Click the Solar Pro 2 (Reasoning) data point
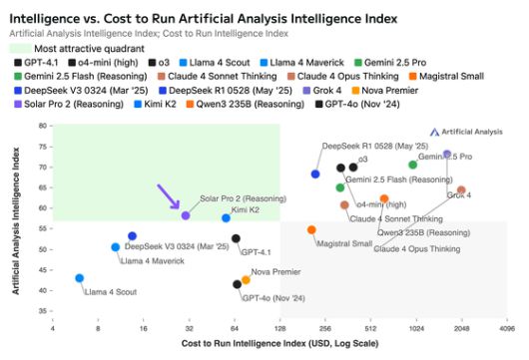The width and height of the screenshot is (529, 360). (x=186, y=215)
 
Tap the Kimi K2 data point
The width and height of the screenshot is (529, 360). (x=227, y=217)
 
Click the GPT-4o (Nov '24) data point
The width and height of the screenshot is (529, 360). (x=237, y=284)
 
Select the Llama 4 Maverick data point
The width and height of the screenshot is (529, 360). (x=116, y=246)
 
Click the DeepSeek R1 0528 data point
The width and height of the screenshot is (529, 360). (x=315, y=174)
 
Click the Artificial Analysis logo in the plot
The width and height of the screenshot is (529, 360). (x=466, y=132)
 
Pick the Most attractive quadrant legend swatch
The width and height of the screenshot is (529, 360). (x=21, y=47)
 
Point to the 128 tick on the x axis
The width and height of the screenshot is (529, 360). (x=279, y=327)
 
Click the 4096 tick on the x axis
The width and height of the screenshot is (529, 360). (x=507, y=327)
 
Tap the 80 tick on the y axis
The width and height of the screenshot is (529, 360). (x=43, y=126)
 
